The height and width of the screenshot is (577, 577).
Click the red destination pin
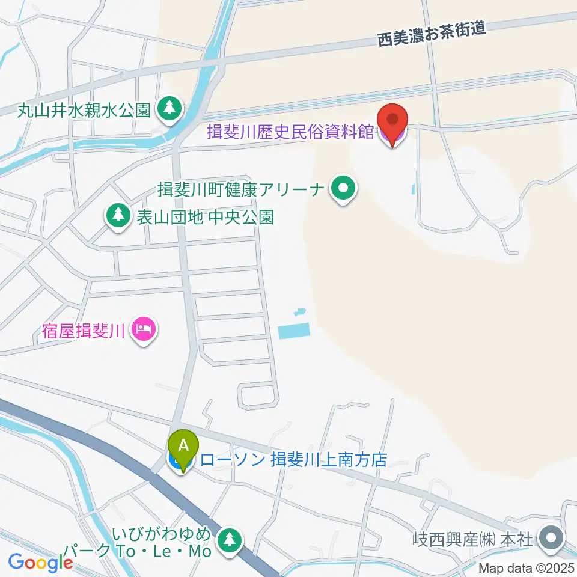(392, 123)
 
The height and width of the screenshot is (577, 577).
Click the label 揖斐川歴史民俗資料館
(290, 132)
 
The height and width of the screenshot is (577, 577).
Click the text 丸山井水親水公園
(76, 110)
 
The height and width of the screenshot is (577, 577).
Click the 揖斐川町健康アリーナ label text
(241, 191)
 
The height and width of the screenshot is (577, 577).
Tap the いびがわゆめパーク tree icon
(229, 538)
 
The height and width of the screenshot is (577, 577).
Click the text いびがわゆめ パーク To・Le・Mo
(162, 542)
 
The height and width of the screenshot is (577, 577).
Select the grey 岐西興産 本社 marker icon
(550, 536)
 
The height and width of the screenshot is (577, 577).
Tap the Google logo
(40, 563)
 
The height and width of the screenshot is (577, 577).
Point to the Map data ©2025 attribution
(527, 568)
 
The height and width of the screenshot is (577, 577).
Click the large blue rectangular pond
(294, 330)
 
